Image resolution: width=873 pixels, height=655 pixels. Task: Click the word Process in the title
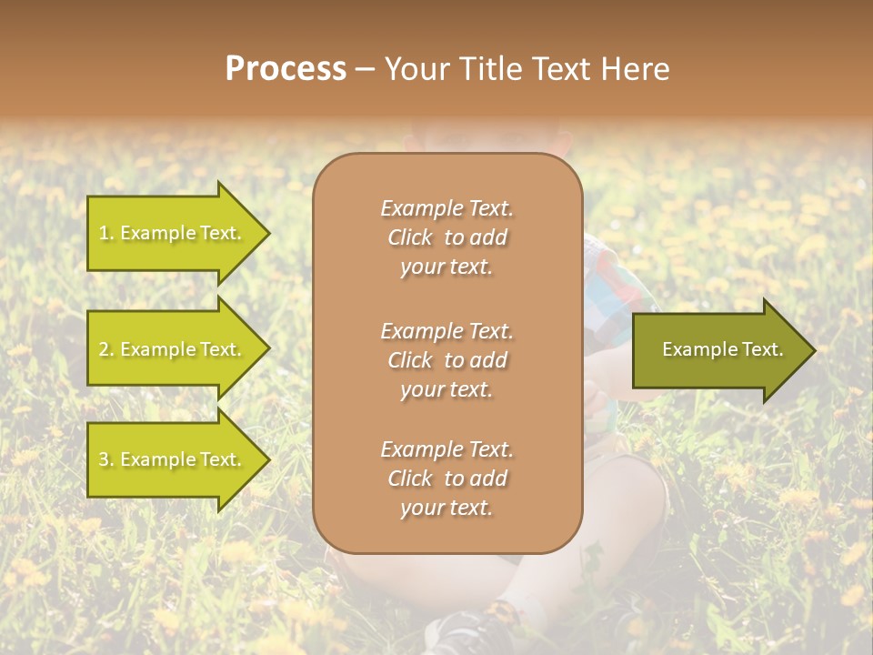coord(286,68)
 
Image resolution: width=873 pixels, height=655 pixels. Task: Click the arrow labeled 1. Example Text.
coord(179,234)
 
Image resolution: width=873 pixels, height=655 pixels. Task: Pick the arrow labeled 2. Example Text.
coord(179,348)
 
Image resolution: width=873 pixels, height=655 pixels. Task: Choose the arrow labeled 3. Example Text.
coord(179,459)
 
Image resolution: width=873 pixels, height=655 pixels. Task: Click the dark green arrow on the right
coord(725,350)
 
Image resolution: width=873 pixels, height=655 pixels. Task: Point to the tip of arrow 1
coord(270,234)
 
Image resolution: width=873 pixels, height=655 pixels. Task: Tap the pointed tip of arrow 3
coord(270,459)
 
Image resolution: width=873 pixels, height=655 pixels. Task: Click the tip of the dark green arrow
coord(817,350)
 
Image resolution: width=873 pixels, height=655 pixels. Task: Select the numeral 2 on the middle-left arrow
coord(104,349)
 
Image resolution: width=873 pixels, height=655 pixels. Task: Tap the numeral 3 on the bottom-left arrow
coord(104,459)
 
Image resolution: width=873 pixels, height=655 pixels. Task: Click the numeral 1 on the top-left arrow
coord(104,233)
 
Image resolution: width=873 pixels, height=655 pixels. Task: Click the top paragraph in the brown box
coord(447,237)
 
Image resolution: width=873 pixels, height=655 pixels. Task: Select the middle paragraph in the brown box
coord(447,360)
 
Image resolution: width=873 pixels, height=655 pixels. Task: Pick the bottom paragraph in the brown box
coord(447,479)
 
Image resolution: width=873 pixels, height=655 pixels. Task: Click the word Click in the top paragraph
coord(410,237)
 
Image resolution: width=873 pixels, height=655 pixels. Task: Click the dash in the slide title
coord(365,70)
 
